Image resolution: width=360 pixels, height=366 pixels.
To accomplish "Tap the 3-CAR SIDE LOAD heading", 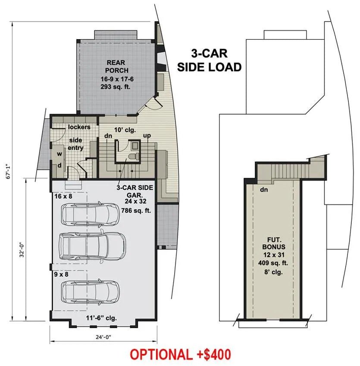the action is [x=209, y=60].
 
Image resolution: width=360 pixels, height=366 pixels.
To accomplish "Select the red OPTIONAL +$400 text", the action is [x=180, y=354].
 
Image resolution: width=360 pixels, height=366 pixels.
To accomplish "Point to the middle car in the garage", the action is [x=92, y=246].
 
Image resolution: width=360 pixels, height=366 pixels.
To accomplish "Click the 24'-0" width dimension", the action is [x=103, y=337].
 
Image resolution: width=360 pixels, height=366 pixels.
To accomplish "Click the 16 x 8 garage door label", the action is [x=63, y=196].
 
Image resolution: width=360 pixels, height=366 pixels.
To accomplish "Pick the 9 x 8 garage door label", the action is [x=61, y=274].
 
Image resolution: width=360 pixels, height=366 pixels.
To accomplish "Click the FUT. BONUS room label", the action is [x=274, y=243].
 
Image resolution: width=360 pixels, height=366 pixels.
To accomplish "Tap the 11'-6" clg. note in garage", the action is [x=101, y=318].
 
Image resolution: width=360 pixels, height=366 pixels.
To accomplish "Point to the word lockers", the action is [x=79, y=127].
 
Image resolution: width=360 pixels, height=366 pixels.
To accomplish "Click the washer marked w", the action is [x=59, y=154].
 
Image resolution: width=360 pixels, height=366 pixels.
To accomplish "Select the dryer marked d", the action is [x=59, y=165].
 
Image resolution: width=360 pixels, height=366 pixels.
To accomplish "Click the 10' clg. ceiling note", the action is [x=125, y=130].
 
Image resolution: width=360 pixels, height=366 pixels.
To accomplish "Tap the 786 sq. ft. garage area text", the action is [x=136, y=211].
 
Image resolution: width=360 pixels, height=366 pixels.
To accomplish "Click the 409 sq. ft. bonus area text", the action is [x=273, y=263].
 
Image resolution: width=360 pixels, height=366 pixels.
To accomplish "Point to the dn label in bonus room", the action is [x=264, y=189].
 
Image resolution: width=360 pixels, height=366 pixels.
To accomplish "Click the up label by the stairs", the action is [x=147, y=136].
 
